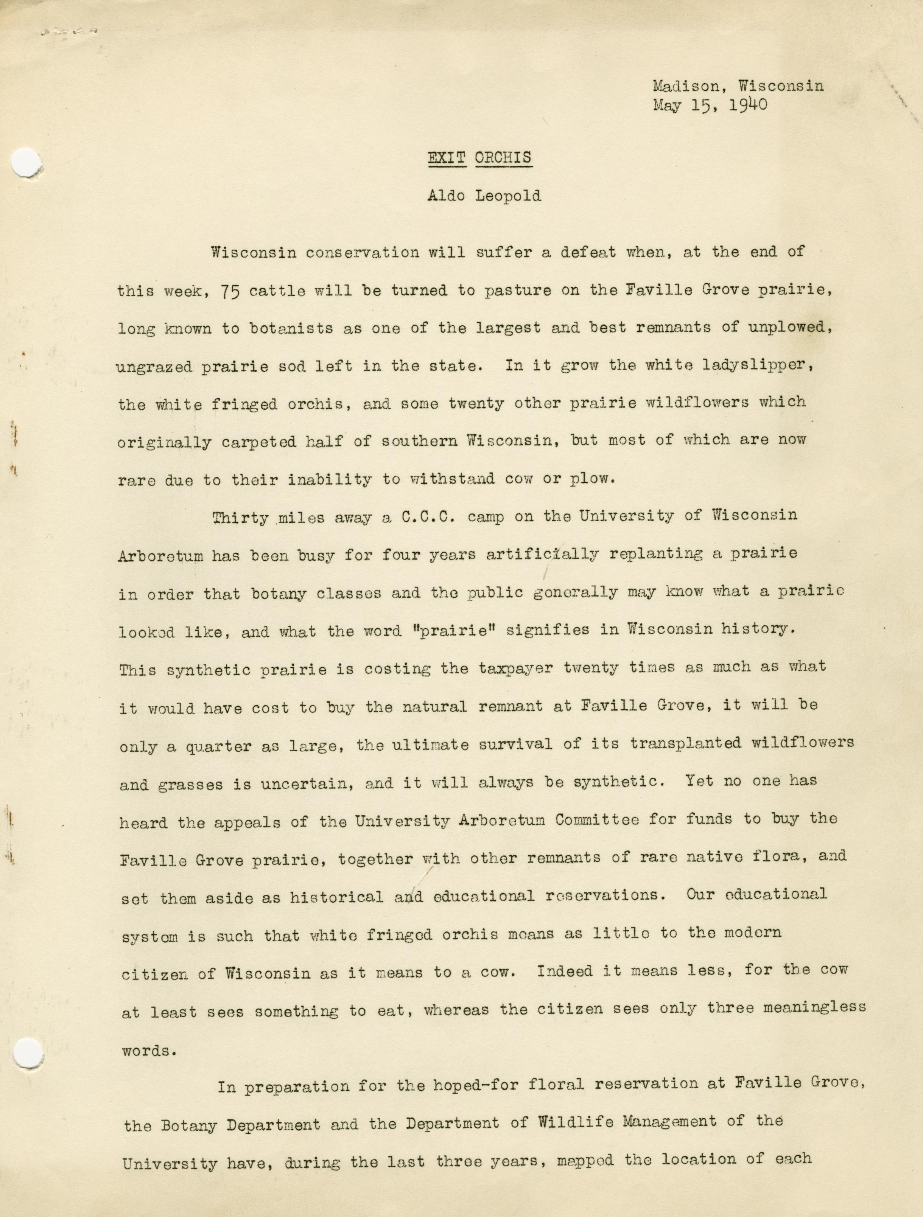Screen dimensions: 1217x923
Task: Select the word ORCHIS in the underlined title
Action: point(503,157)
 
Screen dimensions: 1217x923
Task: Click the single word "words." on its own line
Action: point(149,1050)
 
